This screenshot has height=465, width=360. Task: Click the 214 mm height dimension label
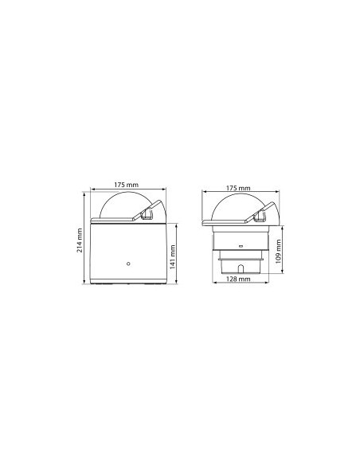[80, 240]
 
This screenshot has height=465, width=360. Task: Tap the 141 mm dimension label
[173, 257]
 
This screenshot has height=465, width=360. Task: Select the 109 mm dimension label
[278, 252]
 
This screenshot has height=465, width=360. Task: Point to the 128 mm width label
[238, 279]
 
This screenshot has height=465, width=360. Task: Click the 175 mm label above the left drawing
[127, 185]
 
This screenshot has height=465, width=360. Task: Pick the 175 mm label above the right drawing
[238, 188]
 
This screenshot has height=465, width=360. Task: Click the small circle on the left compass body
[128, 264]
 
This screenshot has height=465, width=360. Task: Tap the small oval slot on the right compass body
[241, 246]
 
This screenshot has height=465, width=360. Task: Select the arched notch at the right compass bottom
[241, 268]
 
